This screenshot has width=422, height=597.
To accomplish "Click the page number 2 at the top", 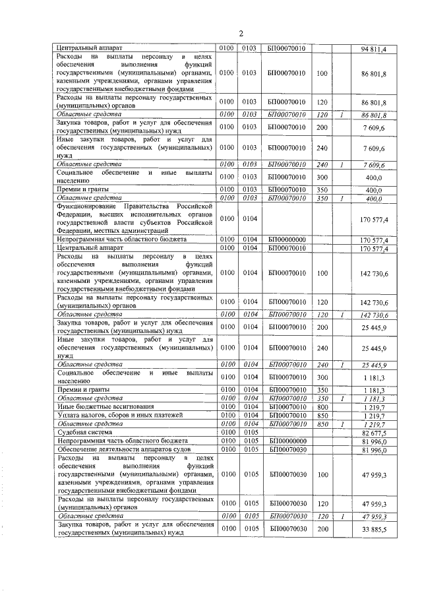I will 241,34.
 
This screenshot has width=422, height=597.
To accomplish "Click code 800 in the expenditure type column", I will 322,408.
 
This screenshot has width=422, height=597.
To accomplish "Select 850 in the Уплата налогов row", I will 322,416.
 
